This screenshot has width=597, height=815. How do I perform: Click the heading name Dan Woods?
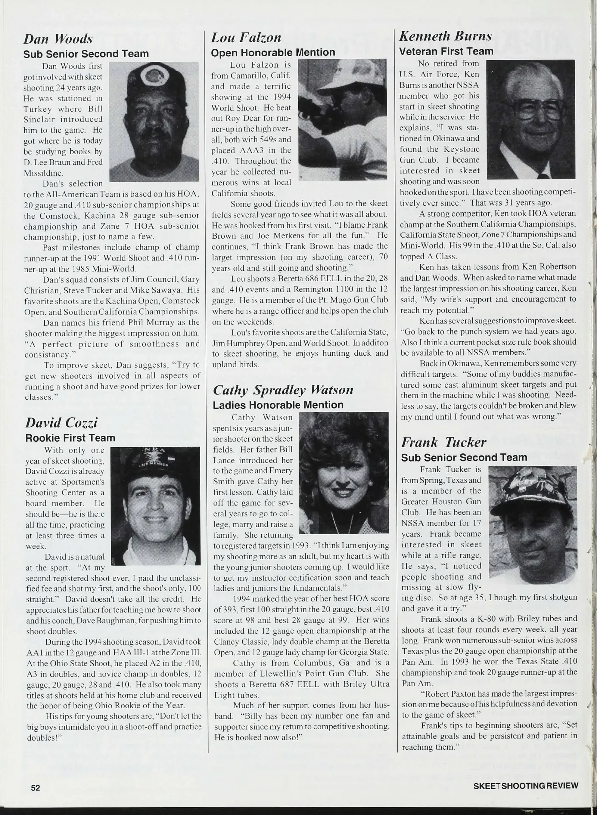pos(58,39)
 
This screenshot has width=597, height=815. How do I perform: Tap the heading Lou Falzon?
pos(246,37)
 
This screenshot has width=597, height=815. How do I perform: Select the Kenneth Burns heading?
pos(446,36)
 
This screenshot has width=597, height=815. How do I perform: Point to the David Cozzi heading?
pos(61,423)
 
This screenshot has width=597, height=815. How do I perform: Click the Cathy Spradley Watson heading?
pos(283,389)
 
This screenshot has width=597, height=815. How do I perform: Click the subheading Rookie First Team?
pos(70,438)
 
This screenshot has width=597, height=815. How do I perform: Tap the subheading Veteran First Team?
pos(447,51)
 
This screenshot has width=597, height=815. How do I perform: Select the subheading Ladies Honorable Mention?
pos(278,405)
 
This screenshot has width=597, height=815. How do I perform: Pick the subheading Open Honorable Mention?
pos(274,52)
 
